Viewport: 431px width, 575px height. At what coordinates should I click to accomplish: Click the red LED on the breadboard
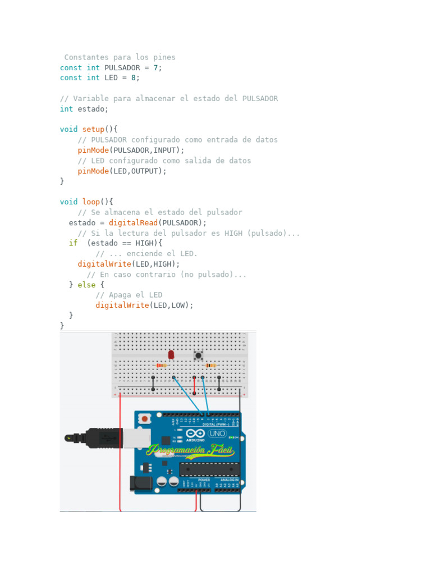coord(171,354)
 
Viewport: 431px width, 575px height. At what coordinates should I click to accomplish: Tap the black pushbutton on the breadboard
coord(198,355)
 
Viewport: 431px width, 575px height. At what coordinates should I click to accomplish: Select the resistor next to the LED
coord(161,366)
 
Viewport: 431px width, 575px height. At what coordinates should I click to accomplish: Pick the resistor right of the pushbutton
coord(210,366)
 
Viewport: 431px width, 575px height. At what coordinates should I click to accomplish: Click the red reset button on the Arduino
coord(145,418)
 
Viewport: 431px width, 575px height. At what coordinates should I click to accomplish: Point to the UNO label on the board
coord(217,433)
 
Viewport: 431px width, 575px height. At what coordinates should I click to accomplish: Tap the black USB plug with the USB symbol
coord(104,437)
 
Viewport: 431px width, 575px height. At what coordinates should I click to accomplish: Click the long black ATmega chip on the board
coord(209,469)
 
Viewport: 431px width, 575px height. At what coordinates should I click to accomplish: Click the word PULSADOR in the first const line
coord(122,67)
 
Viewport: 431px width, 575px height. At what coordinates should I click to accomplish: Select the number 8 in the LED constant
coord(134,78)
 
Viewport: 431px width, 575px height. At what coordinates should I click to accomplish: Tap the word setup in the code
coord(93,129)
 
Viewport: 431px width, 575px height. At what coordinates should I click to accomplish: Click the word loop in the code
coord(91,202)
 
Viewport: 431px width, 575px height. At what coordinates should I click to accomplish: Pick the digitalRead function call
coord(133,222)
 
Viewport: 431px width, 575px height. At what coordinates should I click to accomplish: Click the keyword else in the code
coord(86,285)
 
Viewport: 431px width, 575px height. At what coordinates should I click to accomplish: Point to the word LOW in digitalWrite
coord(178,305)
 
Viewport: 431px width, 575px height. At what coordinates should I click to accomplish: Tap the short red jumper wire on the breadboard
coord(194,385)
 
